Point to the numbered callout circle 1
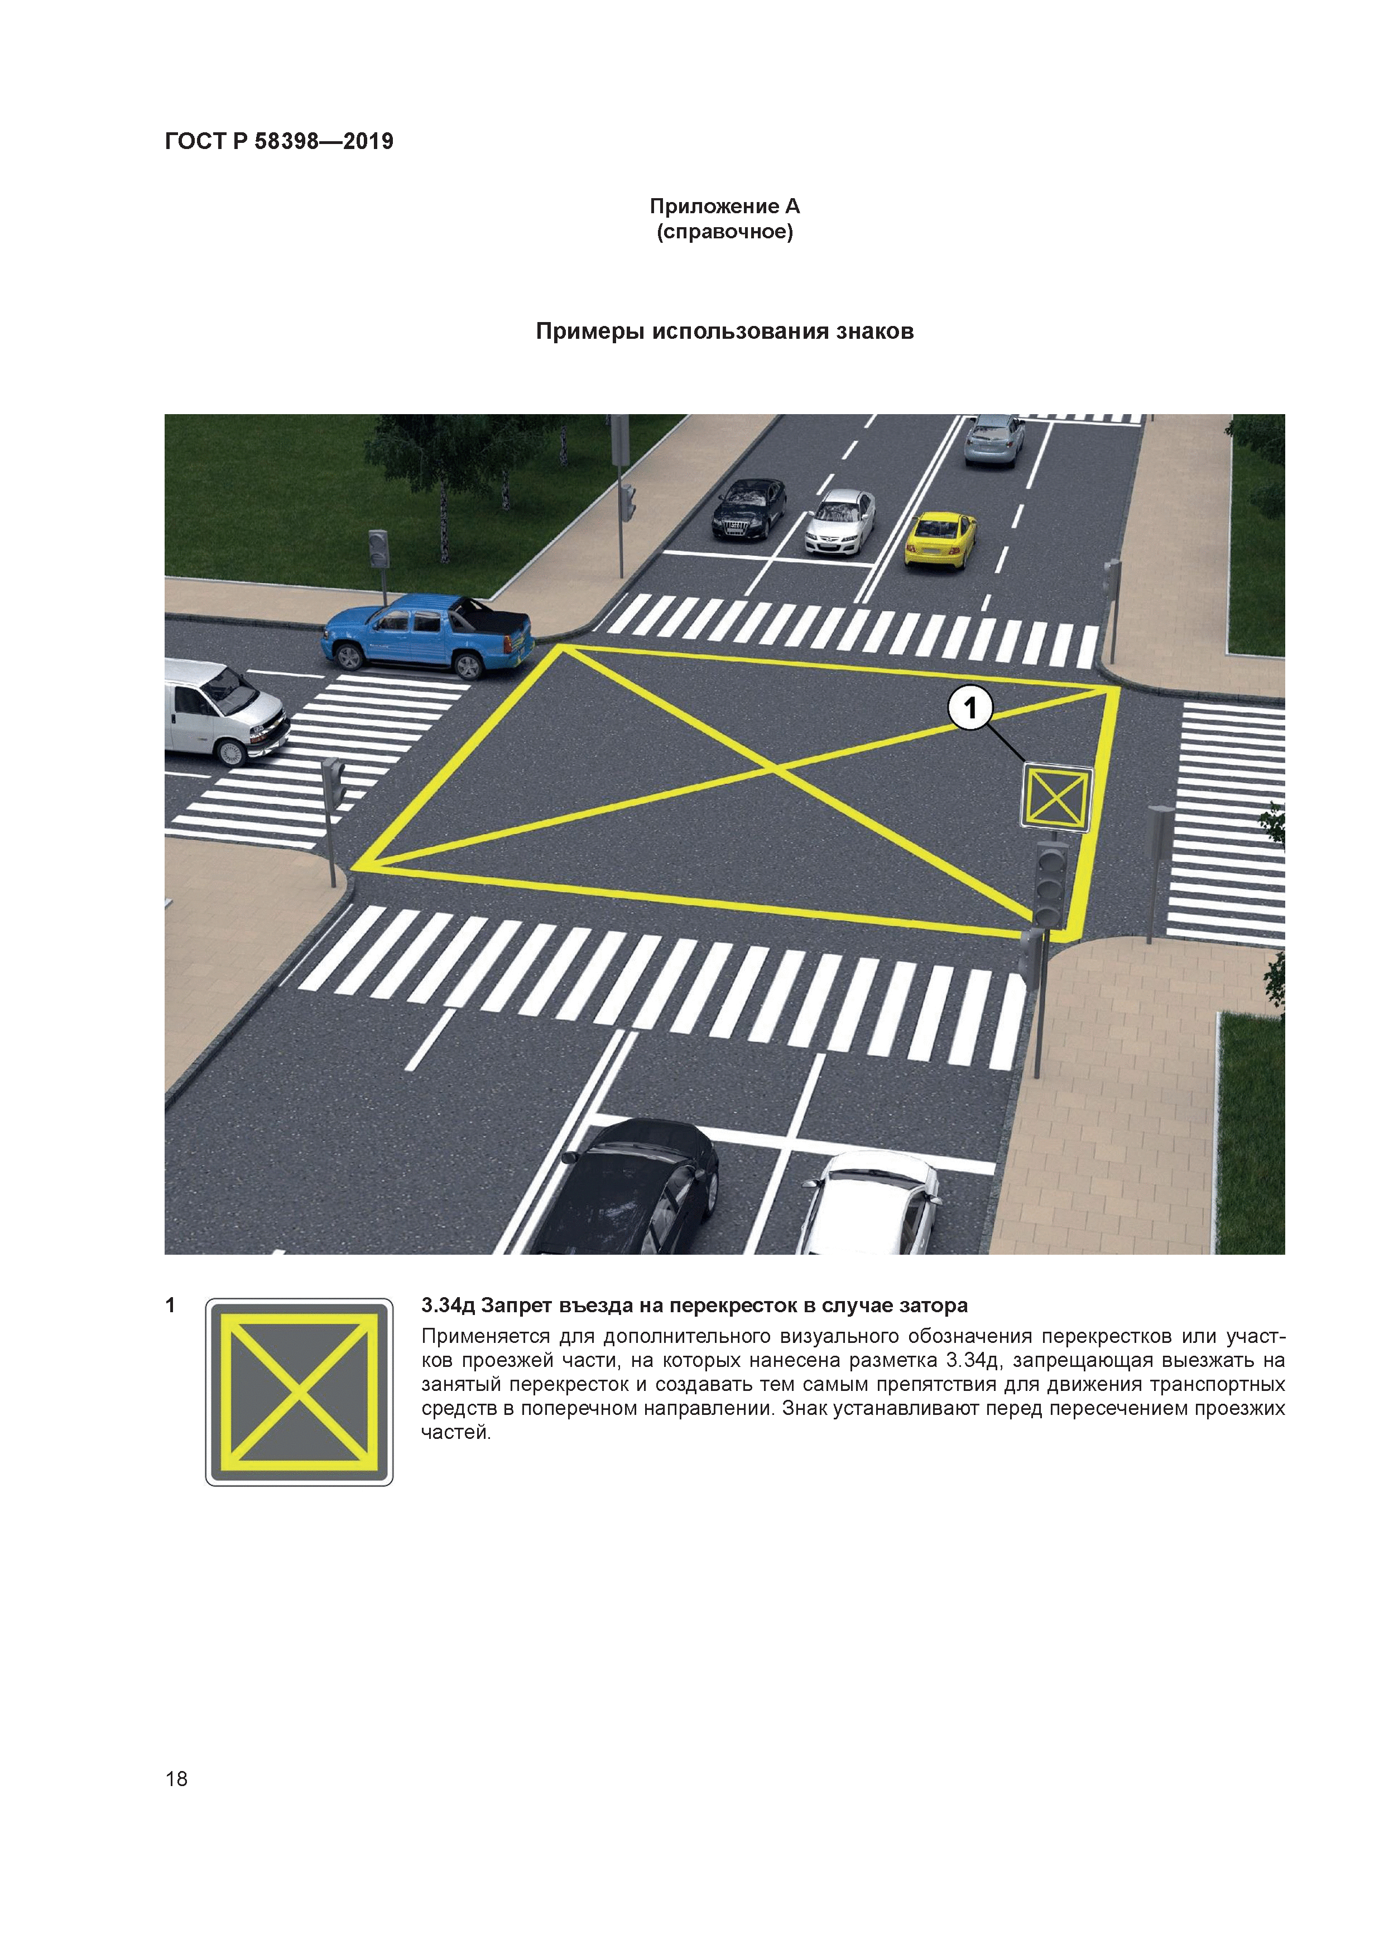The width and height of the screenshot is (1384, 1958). point(969,707)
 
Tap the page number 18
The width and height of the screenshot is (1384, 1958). point(176,1778)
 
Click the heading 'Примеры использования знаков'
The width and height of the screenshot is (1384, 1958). point(725,331)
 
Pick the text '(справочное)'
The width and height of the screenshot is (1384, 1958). point(725,232)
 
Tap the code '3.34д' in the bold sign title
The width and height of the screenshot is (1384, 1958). point(448,1306)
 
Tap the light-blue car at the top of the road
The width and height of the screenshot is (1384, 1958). point(994,439)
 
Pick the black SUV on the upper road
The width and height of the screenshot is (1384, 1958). point(749,509)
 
